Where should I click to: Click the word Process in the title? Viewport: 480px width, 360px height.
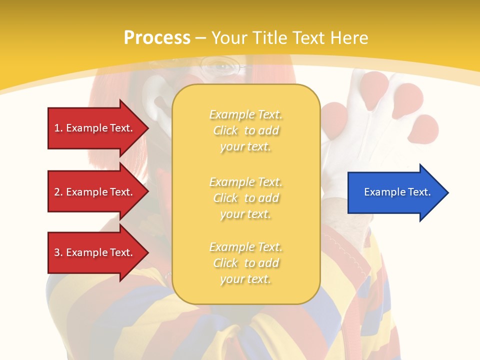pos(157,38)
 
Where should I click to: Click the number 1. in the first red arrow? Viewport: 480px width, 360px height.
pos(58,128)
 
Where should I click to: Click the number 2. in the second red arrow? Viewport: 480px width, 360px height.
pos(58,192)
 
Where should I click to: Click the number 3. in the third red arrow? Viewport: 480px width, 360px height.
pos(58,252)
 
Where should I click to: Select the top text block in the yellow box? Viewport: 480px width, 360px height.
pos(245,130)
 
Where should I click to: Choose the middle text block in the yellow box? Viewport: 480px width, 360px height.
pos(245,198)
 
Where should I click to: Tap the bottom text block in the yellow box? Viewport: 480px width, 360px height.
pos(245,263)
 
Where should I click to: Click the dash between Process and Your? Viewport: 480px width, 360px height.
pos(200,38)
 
